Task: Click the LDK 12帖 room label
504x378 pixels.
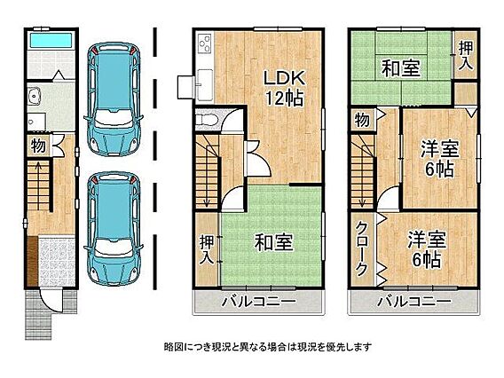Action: (x=283, y=88)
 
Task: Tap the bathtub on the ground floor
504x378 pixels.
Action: (x=51, y=41)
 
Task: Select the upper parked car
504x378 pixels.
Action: (x=114, y=98)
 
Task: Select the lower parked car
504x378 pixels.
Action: (x=114, y=228)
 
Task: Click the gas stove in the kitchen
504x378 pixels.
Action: (x=205, y=44)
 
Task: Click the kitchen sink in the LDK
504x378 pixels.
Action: (x=204, y=84)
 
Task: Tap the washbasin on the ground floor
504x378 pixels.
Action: (x=34, y=96)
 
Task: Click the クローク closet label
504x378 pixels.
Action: (x=362, y=248)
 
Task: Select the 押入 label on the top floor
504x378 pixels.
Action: (x=466, y=55)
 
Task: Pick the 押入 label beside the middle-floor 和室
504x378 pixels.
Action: (x=206, y=249)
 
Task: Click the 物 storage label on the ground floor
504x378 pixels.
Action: (x=38, y=146)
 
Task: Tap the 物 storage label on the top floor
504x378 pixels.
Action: (x=362, y=121)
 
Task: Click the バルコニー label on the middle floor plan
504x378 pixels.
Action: (x=259, y=302)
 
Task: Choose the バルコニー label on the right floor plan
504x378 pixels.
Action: (x=415, y=302)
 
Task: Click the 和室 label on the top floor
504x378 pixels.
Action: (x=401, y=68)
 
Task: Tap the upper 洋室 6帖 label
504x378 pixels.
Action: (x=440, y=159)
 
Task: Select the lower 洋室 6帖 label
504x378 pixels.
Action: (x=427, y=249)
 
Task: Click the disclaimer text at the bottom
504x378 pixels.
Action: (x=268, y=347)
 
